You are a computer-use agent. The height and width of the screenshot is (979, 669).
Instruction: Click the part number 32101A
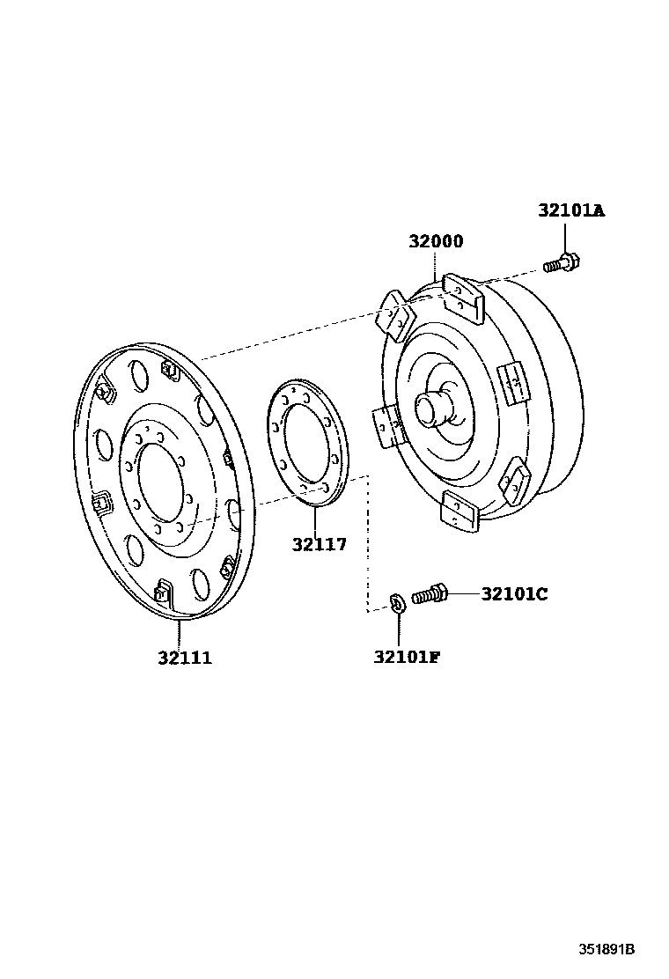(572, 211)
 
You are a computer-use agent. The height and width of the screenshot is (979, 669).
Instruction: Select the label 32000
(436, 242)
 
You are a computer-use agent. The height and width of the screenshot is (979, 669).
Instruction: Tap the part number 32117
(319, 545)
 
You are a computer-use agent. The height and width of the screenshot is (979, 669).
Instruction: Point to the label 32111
(185, 658)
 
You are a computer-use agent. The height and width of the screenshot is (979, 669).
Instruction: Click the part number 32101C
(514, 594)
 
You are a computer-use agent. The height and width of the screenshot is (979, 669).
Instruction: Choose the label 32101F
(406, 656)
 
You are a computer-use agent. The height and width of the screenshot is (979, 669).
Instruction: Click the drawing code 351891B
(607, 950)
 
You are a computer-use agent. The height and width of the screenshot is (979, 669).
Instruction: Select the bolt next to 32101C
(430, 596)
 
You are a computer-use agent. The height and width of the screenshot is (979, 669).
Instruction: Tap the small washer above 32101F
(396, 603)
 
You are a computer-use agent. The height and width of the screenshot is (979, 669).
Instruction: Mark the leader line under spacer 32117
(314, 519)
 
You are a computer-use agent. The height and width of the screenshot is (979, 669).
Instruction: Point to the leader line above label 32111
(180, 634)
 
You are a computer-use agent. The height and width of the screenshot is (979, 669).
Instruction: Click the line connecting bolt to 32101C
(464, 594)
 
